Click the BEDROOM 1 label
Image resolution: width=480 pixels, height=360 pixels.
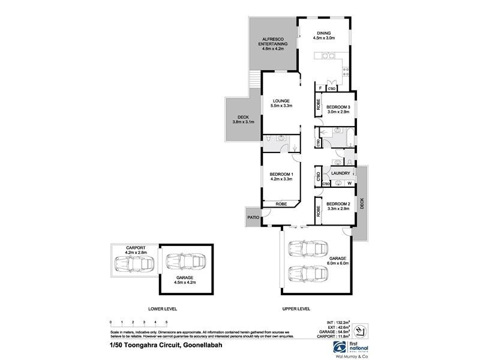tap(280, 176)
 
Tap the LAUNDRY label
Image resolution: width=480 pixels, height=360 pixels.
tap(340, 173)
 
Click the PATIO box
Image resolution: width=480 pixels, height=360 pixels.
tap(252, 217)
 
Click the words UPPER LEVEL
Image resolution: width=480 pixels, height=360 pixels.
tap(296, 309)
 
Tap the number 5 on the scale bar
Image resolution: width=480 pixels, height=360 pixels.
tap(166, 323)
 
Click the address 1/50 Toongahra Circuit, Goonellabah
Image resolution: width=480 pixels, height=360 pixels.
tap(157, 344)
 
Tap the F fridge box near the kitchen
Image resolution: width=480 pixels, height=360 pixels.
tap(321, 88)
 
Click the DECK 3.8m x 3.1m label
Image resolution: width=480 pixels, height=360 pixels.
tap(244, 120)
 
